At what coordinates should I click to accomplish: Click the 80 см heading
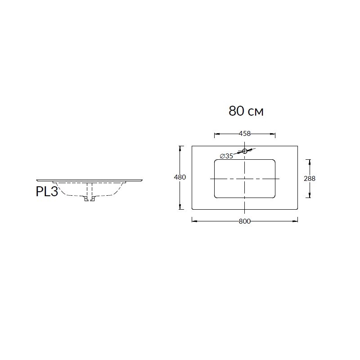pos(246,111)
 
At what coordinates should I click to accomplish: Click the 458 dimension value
pos(245,133)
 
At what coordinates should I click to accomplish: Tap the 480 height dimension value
pos(180,177)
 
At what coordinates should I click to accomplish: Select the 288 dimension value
pos(310,179)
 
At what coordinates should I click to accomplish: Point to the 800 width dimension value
pos(245,221)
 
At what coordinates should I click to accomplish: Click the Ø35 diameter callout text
pos(226,156)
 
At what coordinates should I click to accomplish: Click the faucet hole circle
pos(245,151)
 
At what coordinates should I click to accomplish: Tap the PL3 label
pos(47,192)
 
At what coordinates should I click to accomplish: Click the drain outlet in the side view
pos(90,199)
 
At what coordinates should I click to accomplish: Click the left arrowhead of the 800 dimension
pos(194,221)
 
